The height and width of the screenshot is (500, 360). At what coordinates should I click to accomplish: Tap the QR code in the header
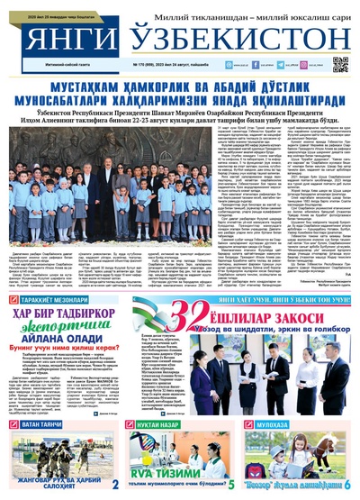pos(340,65)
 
